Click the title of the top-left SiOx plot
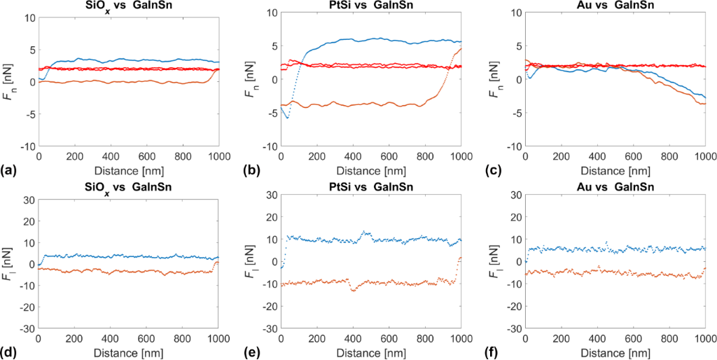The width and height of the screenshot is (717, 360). pos(129,6)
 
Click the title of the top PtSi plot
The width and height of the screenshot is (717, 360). pos(371,6)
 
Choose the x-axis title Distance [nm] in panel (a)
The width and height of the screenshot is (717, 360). pos(129,170)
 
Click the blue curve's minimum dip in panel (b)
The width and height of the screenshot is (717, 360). pos(287,117)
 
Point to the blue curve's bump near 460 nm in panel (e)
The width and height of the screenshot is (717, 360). pos(365,232)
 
